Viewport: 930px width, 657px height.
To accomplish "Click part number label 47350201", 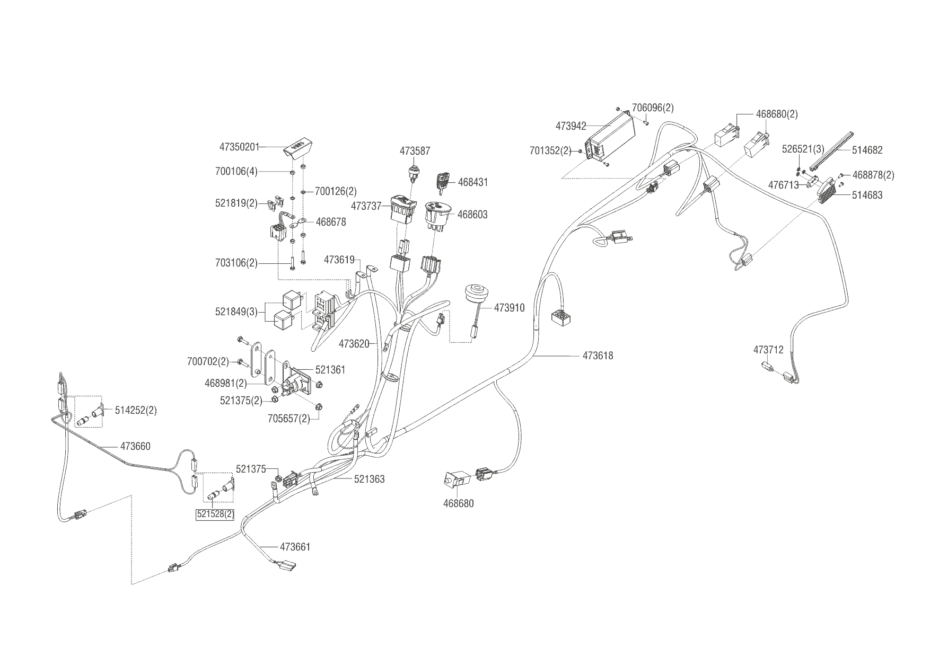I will pos(239,147).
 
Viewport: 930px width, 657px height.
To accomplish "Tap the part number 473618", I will pos(598,356).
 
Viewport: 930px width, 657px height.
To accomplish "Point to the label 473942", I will pos(571,126).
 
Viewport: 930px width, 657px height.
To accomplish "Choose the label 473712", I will pos(768,350).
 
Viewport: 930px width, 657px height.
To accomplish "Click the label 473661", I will pos(295,547).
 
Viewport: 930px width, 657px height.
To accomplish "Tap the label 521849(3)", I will pos(236,312).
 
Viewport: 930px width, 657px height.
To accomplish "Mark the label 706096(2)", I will pos(653,108).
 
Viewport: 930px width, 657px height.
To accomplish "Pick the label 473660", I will pos(135,447).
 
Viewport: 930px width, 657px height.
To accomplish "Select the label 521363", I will pos(370,480).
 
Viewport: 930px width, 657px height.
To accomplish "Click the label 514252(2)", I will pos(136,411).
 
